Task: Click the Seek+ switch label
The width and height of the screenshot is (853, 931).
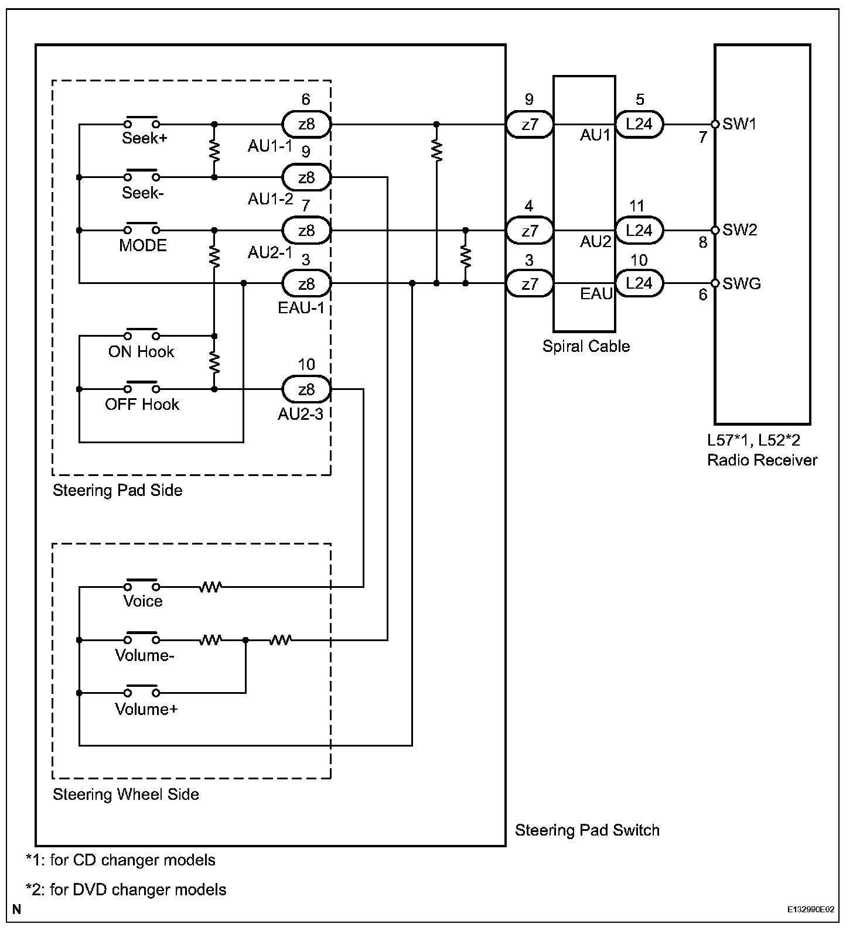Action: coord(141,138)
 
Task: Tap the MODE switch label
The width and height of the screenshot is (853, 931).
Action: coord(143,245)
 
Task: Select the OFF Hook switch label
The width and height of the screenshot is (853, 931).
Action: coord(142,405)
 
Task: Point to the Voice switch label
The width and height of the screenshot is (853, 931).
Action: coord(142,601)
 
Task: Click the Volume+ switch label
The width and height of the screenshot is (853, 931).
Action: coord(146,710)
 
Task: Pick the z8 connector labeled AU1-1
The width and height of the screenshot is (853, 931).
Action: coord(306,124)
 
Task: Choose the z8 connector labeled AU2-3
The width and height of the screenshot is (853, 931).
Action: coord(306,389)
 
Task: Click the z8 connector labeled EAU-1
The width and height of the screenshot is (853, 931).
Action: coord(306,284)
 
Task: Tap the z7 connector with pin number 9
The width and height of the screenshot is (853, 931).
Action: coord(530,124)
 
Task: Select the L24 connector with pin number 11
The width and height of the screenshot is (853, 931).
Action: coord(639,230)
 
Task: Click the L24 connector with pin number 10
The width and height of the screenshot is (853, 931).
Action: coord(639,283)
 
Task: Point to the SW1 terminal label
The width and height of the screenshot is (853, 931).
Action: coord(739,124)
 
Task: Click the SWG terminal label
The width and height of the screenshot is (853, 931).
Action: coord(742,284)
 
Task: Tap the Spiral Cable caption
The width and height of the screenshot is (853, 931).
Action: coord(586,346)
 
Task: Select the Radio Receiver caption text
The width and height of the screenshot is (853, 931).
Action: coord(762,460)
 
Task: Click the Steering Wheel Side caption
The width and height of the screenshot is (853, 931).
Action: coord(126,795)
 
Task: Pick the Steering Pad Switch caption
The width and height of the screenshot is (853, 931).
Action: coord(587,830)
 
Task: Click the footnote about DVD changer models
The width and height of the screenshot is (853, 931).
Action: coord(126,890)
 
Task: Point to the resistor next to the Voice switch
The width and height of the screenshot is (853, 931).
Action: coord(210,587)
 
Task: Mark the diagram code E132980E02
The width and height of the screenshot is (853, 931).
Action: coord(811,910)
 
